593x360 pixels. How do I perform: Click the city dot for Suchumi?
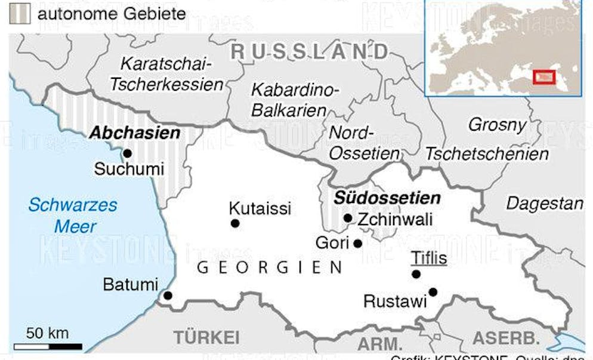[127, 153]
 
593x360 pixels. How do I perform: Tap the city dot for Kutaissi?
[235, 223]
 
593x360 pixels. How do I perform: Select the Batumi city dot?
[168, 295]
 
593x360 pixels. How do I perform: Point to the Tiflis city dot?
[416, 274]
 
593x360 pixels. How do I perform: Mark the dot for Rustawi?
[433, 292]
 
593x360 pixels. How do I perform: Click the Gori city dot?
[357, 243]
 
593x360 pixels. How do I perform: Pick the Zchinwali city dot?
[348, 218]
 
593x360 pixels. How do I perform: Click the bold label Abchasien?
[134, 133]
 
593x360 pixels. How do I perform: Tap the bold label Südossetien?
[387, 198]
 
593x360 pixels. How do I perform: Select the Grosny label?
[497, 125]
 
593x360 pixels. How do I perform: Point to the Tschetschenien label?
[487, 154]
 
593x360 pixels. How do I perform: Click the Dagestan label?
[545, 204]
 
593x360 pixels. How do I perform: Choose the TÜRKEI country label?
[206, 336]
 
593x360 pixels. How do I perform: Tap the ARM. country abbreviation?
[379, 343]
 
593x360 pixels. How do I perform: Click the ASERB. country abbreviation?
[505, 337]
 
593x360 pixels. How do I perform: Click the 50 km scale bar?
[48, 346]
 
